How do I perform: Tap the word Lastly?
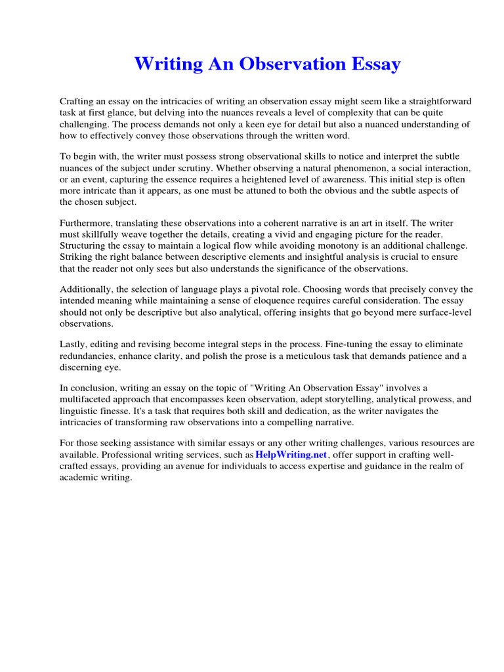(74, 345)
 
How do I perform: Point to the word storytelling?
(326, 400)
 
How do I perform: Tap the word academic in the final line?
(79, 478)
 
